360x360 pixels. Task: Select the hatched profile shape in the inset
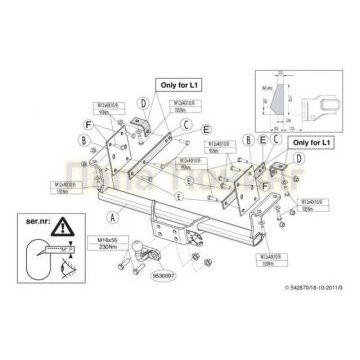(279, 104)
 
